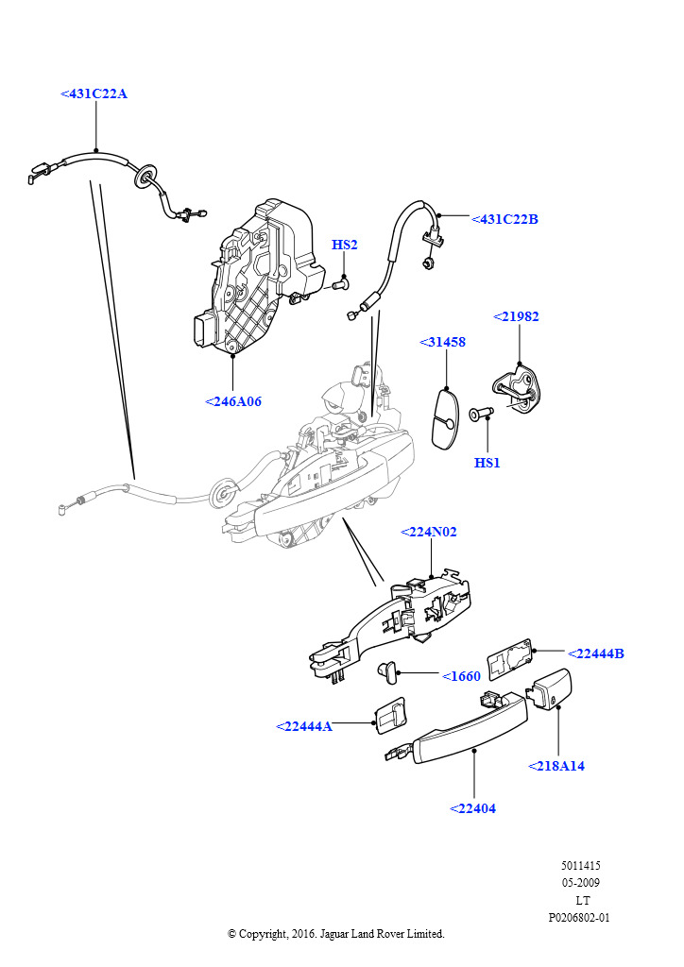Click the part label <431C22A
pyautogui.click(x=94, y=93)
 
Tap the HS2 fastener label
pyautogui.click(x=344, y=246)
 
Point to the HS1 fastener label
pyautogui.click(x=487, y=463)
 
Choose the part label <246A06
pyautogui.click(x=232, y=401)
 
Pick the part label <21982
pyautogui.click(x=516, y=317)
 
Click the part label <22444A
pyautogui.click(x=304, y=726)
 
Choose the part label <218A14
pyautogui.click(x=556, y=766)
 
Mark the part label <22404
pyautogui.click(x=472, y=808)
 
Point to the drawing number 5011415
pyautogui.click(x=580, y=865)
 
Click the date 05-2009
pyautogui.click(x=580, y=883)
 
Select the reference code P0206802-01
pyautogui.click(x=579, y=917)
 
